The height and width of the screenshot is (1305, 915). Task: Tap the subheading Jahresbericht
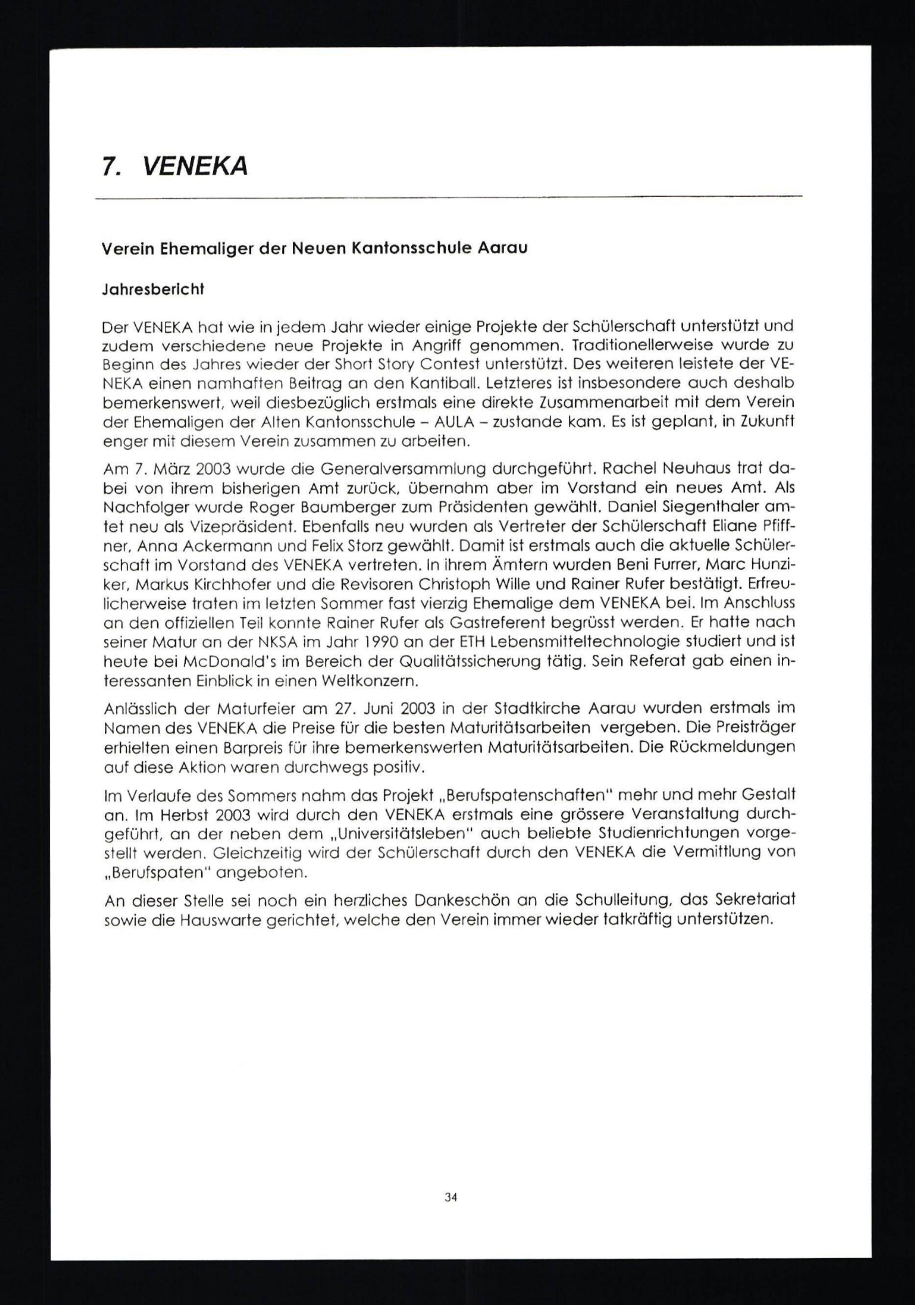152,289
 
